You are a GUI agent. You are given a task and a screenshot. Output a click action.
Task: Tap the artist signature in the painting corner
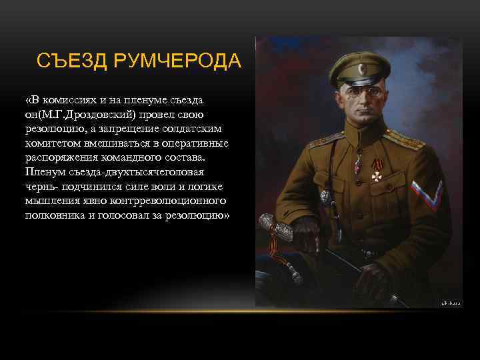451,302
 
